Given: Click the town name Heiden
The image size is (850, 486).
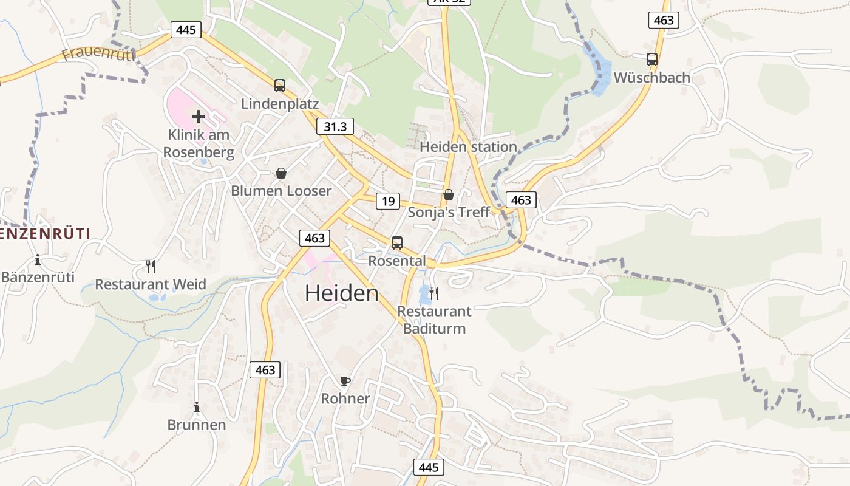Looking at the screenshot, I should pyautogui.click(x=341, y=293).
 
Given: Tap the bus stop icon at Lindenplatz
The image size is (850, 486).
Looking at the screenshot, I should pyautogui.click(x=279, y=86).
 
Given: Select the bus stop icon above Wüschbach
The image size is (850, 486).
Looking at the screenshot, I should pyautogui.click(x=652, y=60).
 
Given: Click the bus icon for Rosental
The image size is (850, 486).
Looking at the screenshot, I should pyautogui.click(x=397, y=243).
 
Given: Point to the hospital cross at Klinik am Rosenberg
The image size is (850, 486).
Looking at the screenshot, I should pyautogui.click(x=199, y=117).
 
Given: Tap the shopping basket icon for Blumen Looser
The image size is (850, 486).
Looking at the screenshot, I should pyautogui.click(x=281, y=174).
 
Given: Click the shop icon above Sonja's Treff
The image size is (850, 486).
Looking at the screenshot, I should pyautogui.click(x=449, y=194).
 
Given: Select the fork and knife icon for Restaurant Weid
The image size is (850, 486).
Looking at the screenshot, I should pyautogui.click(x=151, y=266).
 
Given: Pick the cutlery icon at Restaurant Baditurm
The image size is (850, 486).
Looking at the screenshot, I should pyautogui.click(x=434, y=293).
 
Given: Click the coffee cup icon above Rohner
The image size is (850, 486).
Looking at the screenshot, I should pyautogui.click(x=345, y=381).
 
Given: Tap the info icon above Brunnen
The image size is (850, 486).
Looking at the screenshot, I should pyautogui.click(x=196, y=407).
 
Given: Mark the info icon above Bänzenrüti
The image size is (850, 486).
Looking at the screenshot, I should pyautogui.click(x=38, y=260).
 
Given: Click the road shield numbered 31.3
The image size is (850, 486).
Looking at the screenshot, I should pyautogui.click(x=335, y=126).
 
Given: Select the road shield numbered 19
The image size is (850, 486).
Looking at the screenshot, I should pyautogui.click(x=388, y=201).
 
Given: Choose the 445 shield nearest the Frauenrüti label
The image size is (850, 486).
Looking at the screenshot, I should pyautogui.click(x=186, y=29).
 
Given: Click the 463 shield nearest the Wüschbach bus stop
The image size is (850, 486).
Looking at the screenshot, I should pyautogui.click(x=664, y=20).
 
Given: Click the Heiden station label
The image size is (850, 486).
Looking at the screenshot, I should pyautogui.click(x=468, y=146).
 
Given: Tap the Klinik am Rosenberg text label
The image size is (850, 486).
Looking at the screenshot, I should pyautogui.click(x=199, y=143).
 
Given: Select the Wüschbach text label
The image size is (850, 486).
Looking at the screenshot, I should pyautogui.click(x=652, y=78).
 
